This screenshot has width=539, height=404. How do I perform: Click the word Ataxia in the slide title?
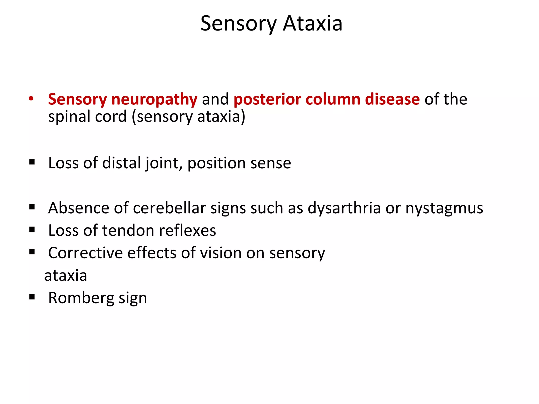tap(312, 24)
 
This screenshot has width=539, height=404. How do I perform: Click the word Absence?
tap(79, 208)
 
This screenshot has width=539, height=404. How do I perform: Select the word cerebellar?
tap(169, 208)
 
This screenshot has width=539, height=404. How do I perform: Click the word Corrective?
tap(85, 253)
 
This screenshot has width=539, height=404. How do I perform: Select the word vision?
tap(221, 253)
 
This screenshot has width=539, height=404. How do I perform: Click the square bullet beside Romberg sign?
tap(32, 297)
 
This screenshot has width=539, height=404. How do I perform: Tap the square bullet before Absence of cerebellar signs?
tap(32, 207)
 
